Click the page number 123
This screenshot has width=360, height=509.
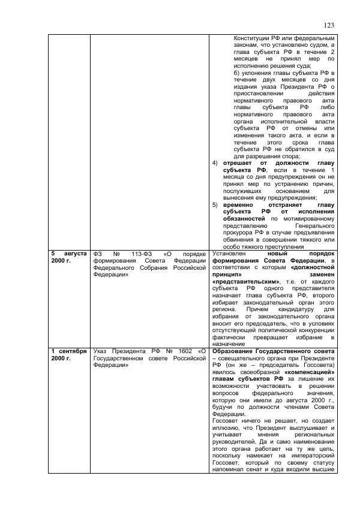[x=328, y=25]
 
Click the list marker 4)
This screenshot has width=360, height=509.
[x=215, y=163]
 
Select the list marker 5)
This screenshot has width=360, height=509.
[x=215, y=205]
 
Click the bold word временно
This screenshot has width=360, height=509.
[x=238, y=205]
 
